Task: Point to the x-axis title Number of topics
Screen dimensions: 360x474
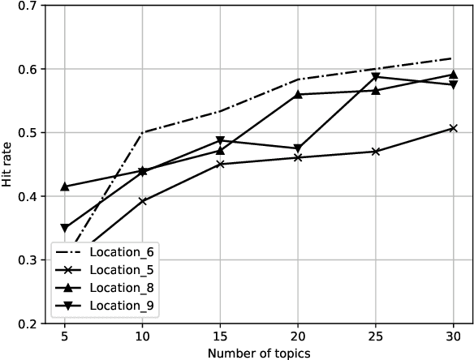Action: click(258, 353)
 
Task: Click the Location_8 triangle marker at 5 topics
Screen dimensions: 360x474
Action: click(65, 186)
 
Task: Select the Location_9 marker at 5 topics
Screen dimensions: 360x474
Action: click(65, 229)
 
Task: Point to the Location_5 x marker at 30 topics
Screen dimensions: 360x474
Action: click(453, 128)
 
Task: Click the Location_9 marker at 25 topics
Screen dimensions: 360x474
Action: click(376, 77)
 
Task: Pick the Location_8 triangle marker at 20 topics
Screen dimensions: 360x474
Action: click(298, 94)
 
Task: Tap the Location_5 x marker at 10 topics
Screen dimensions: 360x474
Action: click(143, 201)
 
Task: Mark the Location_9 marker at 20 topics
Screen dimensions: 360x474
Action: click(298, 148)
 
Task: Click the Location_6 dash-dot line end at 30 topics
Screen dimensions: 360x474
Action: click(453, 58)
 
